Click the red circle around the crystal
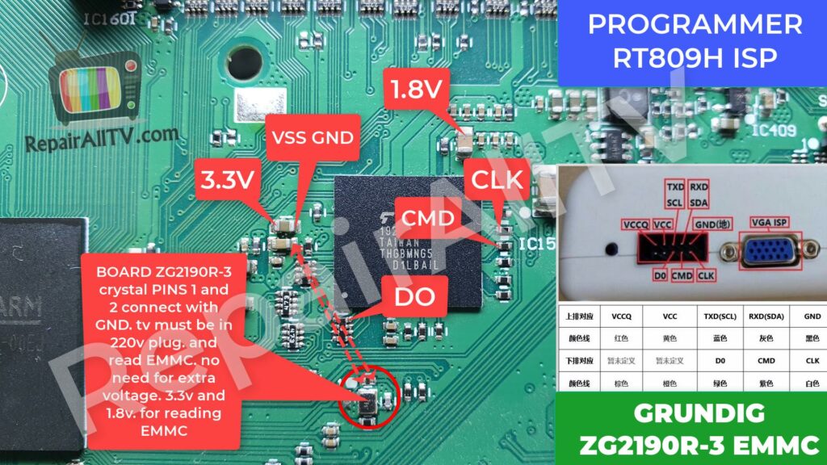pyautogui.click(x=367, y=396)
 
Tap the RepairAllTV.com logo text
pyautogui.click(x=90, y=139)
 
